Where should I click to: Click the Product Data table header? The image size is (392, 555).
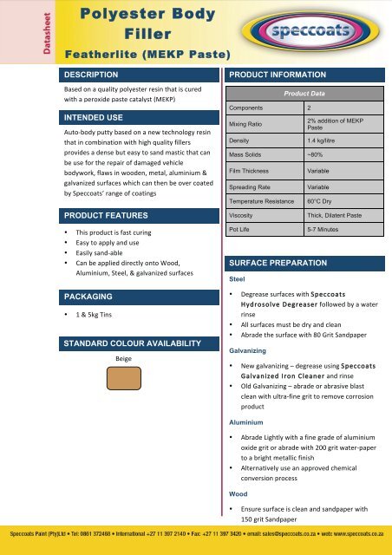pos(304,94)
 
